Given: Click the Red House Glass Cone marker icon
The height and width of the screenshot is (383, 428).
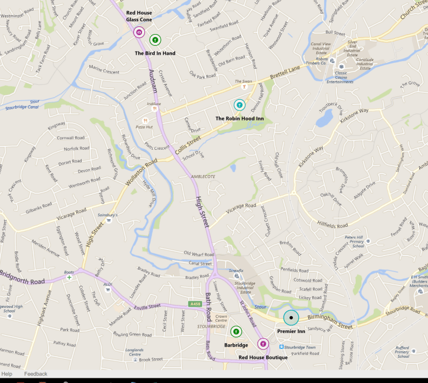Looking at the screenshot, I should pos(139,32).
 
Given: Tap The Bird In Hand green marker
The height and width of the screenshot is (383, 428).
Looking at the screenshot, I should pos(155,40).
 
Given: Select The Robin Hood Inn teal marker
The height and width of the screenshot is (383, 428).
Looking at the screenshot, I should pos(240,105).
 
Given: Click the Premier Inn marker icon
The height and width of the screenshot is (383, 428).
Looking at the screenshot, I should pos(291,318).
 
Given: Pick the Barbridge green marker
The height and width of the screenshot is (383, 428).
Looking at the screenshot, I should pos(236,332).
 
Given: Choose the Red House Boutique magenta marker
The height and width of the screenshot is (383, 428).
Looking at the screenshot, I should pos(263,344).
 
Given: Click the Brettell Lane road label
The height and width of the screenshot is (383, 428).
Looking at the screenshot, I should pos(284,78).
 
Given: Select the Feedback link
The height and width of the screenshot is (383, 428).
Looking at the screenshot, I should pos(36,374).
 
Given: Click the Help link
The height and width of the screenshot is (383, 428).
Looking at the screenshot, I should pos(6,374).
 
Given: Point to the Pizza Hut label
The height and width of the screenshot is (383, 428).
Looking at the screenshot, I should pos(144,126).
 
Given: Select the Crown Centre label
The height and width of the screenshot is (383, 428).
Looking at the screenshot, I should pos(221,319).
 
